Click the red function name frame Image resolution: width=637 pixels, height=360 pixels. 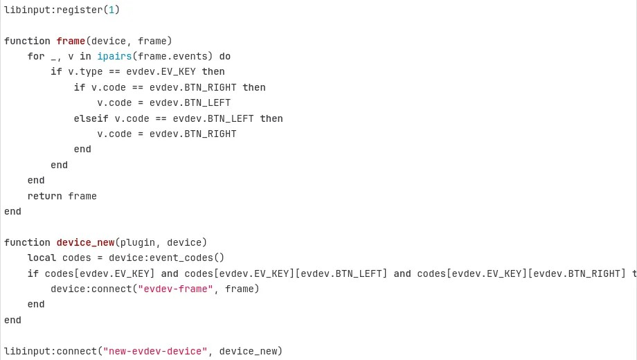[x=71, y=41]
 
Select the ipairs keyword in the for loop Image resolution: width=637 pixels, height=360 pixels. [x=114, y=56]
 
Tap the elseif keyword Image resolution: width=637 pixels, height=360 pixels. [x=91, y=118]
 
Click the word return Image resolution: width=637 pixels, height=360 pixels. [x=44, y=196]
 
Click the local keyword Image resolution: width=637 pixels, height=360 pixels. [x=42, y=258]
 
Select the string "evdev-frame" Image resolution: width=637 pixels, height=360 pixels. [x=175, y=289]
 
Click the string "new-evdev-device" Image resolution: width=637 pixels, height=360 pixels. [x=155, y=351]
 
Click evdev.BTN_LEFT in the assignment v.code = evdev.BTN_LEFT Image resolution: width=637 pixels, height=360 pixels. [x=190, y=103]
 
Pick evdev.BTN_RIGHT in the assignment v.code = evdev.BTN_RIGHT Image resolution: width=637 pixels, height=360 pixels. [x=192, y=134]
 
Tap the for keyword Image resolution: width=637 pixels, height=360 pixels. [x=36, y=56]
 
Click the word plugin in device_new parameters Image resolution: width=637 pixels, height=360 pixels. [x=141, y=242]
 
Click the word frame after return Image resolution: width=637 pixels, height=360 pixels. [x=82, y=196]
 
